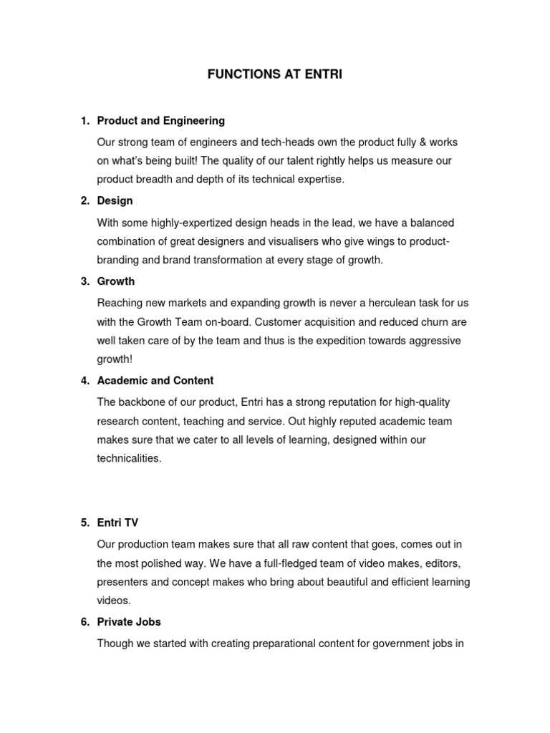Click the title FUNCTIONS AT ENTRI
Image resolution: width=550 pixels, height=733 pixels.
pyautogui.click(x=276, y=74)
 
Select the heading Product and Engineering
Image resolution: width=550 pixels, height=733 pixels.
pyautogui.click(x=161, y=121)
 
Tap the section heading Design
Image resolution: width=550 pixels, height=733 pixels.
pyautogui.click(x=115, y=201)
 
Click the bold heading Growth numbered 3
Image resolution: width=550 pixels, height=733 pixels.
pyautogui.click(x=116, y=281)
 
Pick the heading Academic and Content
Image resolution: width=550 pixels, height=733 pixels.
pyautogui.click(x=155, y=381)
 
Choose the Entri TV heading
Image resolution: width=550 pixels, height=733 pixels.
pyautogui.click(x=119, y=523)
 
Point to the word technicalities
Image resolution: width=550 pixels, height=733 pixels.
pyautogui.click(x=130, y=458)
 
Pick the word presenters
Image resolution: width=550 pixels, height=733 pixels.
pyautogui.click(x=122, y=582)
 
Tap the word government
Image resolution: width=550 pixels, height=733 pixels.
pyautogui.click(x=391, y=643)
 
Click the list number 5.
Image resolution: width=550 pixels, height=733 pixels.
pyautogui.click(x=84, y=523)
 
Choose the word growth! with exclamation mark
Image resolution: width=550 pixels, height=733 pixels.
pyautogui.click(x=115, y=359)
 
